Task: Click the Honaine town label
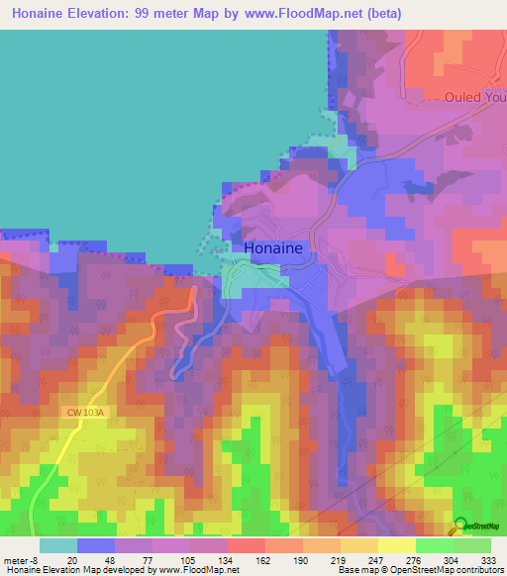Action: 279,248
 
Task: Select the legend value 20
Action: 69,559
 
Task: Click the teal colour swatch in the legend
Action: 58,545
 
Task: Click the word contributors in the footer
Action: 473,570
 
